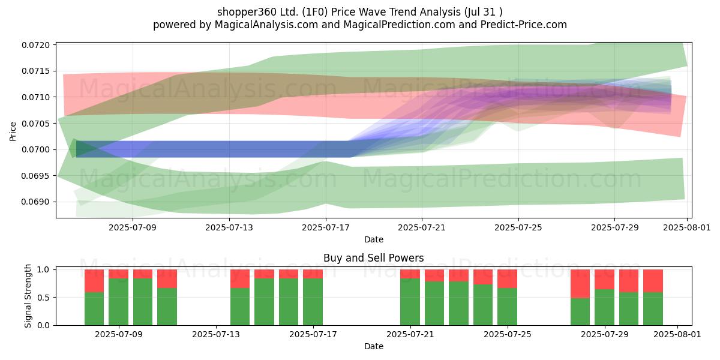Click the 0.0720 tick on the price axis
coord(36,45)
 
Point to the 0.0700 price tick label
coord(36,149)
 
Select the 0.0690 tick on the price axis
coord(36,202)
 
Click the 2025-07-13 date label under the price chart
coord(229,227)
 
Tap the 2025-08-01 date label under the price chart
coord(687,227)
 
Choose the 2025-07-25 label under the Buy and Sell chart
coord(508,335)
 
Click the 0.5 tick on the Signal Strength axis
coord(43,298)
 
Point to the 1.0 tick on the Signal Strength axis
coord(43,269)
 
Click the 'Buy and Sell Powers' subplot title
coord(373,258)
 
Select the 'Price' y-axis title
coord(13,131)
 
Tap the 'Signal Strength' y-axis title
coord(28,296)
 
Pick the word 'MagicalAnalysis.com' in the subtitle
coord(266,25)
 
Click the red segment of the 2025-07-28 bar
coord(580,284)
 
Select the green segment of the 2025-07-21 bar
coord(410,302)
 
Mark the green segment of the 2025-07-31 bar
coord(653,308)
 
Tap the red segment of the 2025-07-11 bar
coord(167,278)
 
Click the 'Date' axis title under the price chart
coord(373,239)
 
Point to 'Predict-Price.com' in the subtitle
coord(524,25)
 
